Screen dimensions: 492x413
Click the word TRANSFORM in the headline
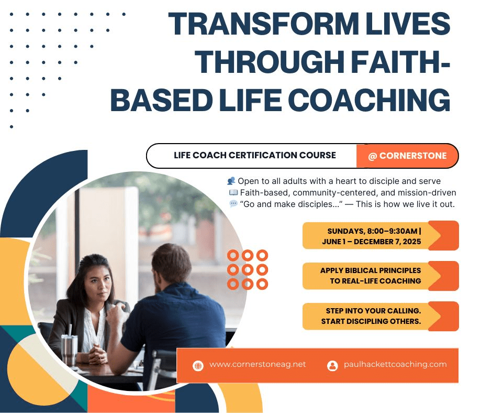tap(263, 24)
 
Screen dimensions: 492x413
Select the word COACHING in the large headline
tap(369, 100)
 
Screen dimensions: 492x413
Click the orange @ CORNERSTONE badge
tap(407, 156)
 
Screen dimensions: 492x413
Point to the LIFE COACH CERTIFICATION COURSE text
tap(255, 155)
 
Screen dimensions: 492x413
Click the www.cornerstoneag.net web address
tap(258, 364)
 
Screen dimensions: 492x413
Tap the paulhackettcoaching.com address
tap(395, 364)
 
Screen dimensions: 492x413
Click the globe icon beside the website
tap(198, 365)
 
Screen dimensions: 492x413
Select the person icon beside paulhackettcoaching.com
tap(332, 365)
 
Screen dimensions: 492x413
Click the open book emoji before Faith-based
tap(233, 192)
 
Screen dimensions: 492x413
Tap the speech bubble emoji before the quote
tap(233, 204)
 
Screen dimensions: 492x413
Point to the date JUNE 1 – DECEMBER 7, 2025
tap(372, 242)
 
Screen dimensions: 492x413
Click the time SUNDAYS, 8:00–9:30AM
tap(373, 231)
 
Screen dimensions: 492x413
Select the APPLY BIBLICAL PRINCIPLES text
tap(371, 270)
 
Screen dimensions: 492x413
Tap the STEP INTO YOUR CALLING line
tap(373, 311)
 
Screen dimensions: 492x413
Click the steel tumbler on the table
tap(69, 350)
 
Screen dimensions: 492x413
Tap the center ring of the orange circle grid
tap(248, 270)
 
